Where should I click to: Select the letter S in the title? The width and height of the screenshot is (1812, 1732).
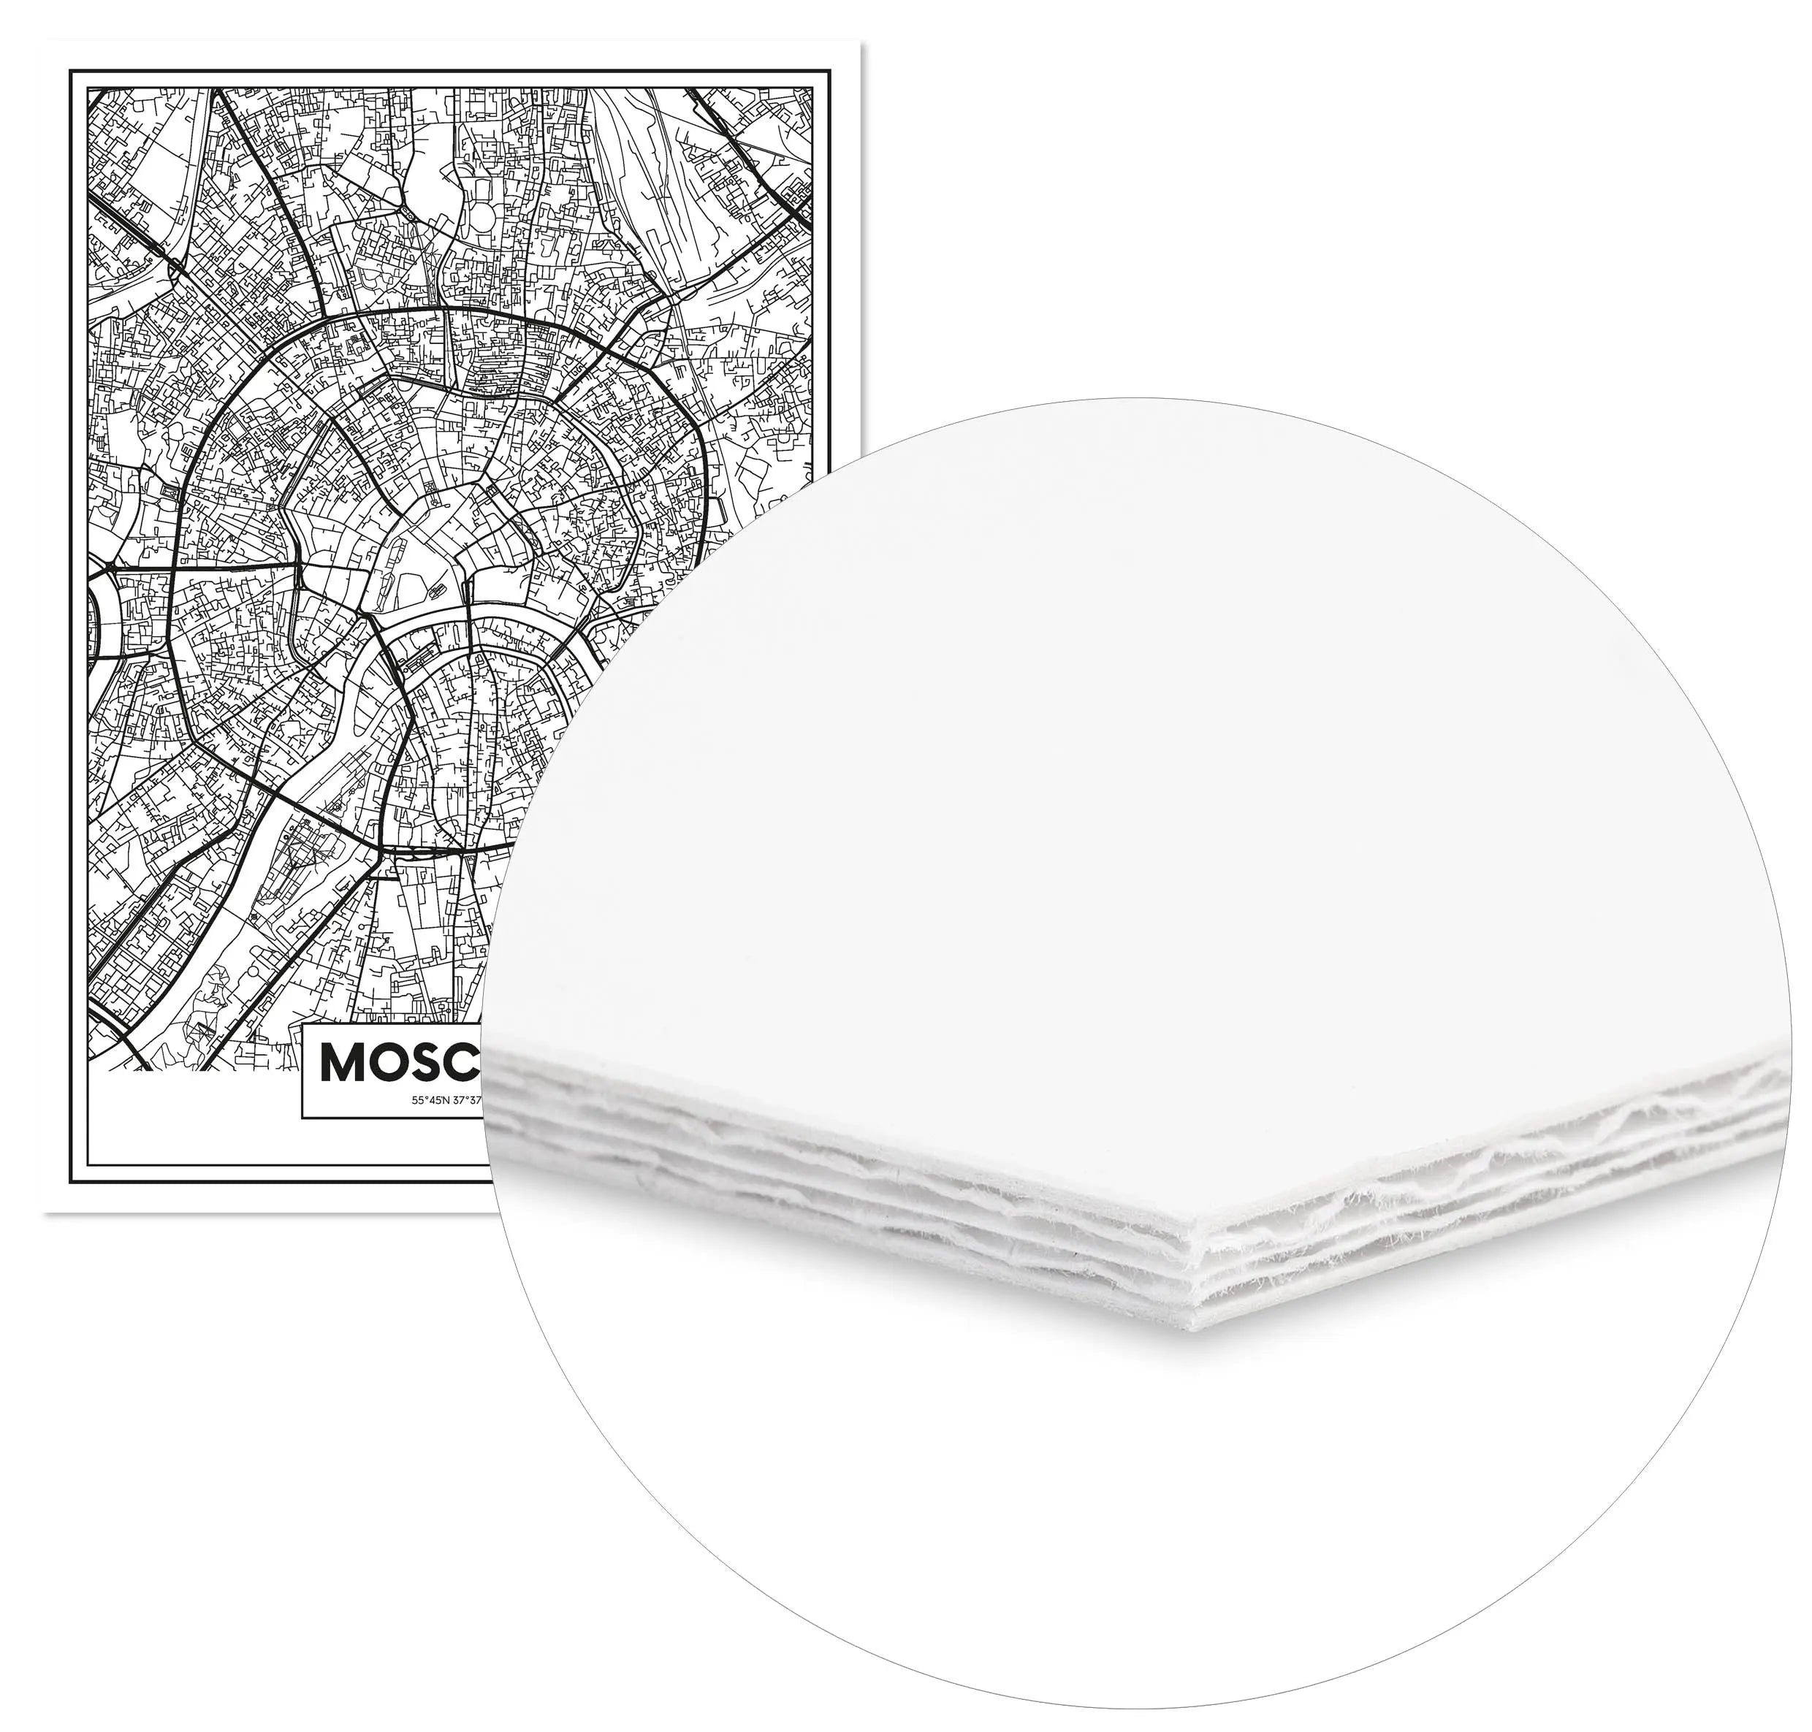click(x=431, y=1064)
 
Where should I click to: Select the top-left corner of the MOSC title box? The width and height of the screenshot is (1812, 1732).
click(x=304, y=1023)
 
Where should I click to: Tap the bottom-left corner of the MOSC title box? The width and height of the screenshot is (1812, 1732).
click(x=304, y=1116)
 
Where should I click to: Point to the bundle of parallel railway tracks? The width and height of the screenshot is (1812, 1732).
click(x=637, y=166)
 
